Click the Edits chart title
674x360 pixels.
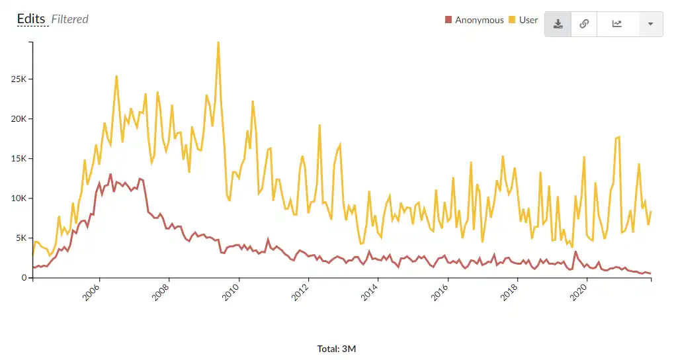tap(31, 19)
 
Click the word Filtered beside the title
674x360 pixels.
tap(70, 19)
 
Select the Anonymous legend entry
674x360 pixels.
tap(475, 20)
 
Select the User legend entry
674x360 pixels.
tap(524, 20)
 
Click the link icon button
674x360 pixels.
tap(584, 24)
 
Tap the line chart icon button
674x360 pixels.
tap(617, 24)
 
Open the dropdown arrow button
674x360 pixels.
tap(651, 24)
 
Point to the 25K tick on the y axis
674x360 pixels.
tap(18, 79)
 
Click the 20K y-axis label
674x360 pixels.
tap(18, 119)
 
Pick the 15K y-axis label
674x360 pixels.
tap(18, 159)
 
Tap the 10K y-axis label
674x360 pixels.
tap(18, 199)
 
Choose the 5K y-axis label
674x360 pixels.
tap(20, 238)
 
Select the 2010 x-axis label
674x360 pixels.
tap(232, 291)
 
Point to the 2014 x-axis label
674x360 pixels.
tap(371, 291)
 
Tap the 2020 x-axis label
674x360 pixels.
tap(580, 291)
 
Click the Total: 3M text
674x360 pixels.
tap(337, 349)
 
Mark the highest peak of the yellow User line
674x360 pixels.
tap(218, 42)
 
